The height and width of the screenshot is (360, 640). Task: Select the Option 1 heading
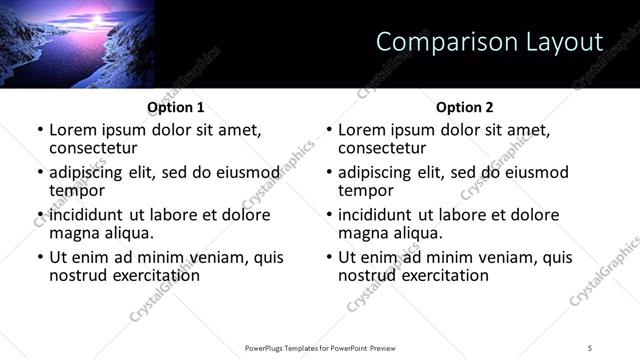pos(176,107)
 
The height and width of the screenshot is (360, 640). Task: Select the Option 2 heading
pos(465,107)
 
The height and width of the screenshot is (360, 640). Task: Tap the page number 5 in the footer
pos(590,347)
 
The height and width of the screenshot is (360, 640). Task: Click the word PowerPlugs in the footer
pos(268,347)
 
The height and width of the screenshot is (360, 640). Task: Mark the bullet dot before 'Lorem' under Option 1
pos(40,130)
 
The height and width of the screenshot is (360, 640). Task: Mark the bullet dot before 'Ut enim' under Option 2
pos(329,257)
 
